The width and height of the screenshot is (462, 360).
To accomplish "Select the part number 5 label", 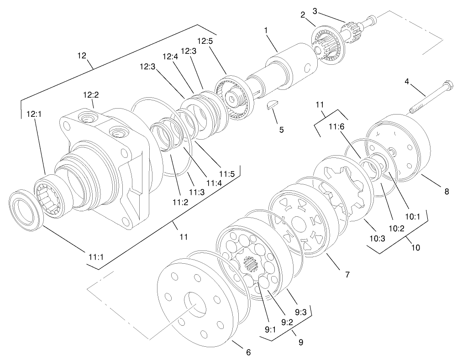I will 281,130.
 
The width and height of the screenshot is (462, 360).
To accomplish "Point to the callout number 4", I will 407,82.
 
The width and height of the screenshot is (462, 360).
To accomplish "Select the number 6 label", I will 248,352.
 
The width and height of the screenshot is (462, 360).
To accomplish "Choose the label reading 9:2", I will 287,322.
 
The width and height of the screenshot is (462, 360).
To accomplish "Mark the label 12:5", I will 205,41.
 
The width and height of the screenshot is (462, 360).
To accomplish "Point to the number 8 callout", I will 446,192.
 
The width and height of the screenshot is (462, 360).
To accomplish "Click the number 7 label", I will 347,275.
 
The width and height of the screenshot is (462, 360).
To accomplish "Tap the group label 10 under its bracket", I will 415,248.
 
